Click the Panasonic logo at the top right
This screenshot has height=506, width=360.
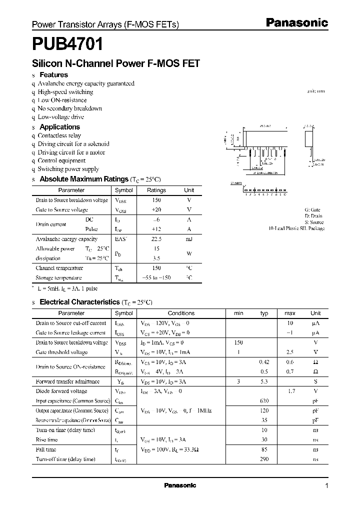pos(296,22)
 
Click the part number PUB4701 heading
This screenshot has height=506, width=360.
pos(67,44)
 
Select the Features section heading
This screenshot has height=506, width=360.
pos(53,75)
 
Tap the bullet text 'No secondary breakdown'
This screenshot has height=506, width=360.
pos(69,108)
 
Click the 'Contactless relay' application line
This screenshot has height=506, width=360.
pos(59,135)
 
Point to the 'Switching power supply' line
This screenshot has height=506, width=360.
pos(68,169)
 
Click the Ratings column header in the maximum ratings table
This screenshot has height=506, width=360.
pos(156,190)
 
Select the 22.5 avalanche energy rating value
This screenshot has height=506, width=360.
pos(156,239)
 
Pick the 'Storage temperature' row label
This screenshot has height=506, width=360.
pos(58,277)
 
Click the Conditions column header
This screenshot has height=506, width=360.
pos(181,313)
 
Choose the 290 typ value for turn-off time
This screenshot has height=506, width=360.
pos(264,459)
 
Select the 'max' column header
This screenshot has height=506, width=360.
pos(290,313)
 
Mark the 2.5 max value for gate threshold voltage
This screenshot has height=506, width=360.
pos(290,352)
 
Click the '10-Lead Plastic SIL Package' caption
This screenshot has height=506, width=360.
pos(296,228)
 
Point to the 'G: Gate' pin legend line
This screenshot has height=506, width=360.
pos(312,210)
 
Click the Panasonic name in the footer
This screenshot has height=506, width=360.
pos(180,485)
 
